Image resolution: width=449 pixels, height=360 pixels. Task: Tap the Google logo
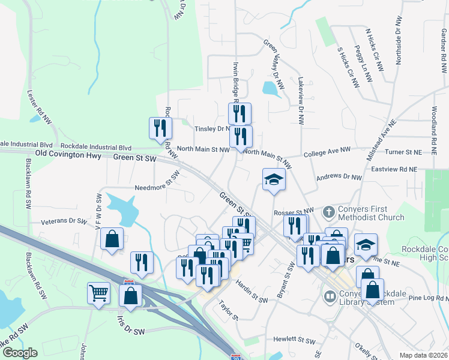[20, 353]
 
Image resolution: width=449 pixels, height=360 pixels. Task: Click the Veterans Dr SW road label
[64, 221]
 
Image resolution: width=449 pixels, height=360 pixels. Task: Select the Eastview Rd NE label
[394, 170]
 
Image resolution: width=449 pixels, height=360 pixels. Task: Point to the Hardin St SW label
[251, 290]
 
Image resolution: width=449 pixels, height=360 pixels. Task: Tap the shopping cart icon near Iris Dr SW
[99, 293]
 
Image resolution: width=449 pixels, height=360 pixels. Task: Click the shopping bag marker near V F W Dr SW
[112, 239]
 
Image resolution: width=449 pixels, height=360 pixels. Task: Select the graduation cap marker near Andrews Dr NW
[273, 179]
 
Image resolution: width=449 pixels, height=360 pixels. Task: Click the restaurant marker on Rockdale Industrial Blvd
[160, 128]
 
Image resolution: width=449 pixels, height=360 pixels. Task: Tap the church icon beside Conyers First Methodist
[329, 212]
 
